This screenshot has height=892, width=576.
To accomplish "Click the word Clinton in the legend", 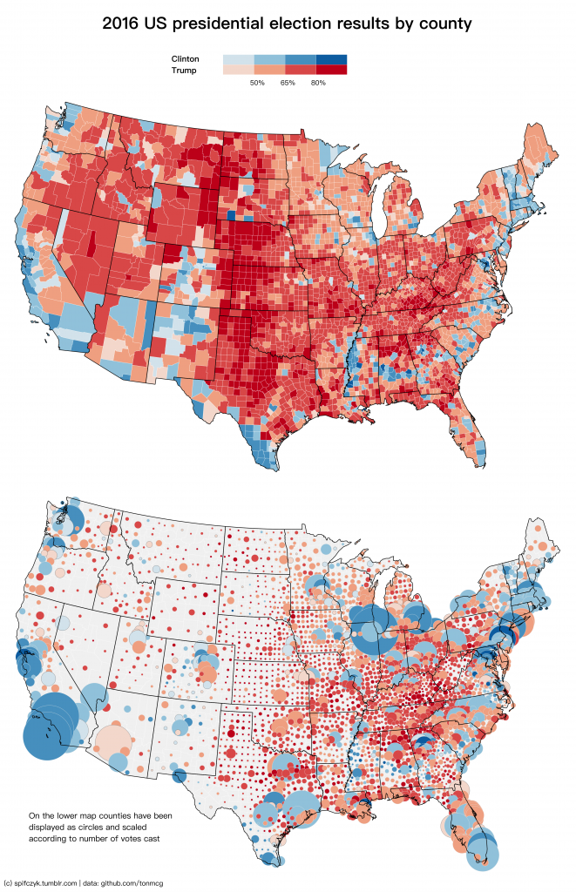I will click(x=185, y=59).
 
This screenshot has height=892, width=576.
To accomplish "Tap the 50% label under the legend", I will click(x=257, y=83).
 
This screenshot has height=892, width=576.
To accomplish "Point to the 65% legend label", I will click(x=288, y=83).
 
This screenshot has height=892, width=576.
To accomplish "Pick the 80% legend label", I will click(x=318, y=83).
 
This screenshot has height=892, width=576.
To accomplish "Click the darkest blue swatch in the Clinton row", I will click(x=331, y=59).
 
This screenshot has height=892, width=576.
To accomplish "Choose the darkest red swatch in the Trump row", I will click(x=331, y=70).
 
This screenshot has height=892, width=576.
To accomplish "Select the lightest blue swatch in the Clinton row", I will click(x=239, y=59).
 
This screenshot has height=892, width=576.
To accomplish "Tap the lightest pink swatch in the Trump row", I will click(x=239, y=70).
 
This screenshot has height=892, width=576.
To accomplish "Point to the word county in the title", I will click(x=444, y=24).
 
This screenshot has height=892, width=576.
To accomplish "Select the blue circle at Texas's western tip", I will click(x=180, y=774).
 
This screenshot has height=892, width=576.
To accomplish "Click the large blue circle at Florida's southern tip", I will click(x=480, y=851).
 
